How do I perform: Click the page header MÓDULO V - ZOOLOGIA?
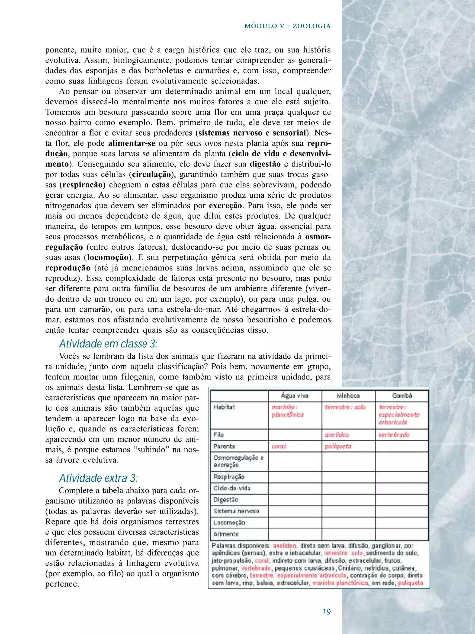coord(287,26)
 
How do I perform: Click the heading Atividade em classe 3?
coord(108,343)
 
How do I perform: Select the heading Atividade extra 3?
coord(98,478)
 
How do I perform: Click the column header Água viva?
coord(295,396)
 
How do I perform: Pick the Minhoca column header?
coord(348,396)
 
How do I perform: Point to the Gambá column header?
coord(402,396)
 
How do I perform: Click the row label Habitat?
coord(224,407)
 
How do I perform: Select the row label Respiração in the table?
coord(229,477)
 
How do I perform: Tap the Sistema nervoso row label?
coord(236,511)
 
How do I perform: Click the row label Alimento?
coord(226,534)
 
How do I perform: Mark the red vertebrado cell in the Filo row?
coord(394,434)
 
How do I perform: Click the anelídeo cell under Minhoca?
coord(337,434)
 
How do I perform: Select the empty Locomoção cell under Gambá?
coord(402,522)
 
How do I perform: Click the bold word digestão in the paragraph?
coord(265,164)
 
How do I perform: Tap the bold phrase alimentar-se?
coord(132,143)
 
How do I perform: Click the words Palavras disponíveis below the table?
coord(241,546)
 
